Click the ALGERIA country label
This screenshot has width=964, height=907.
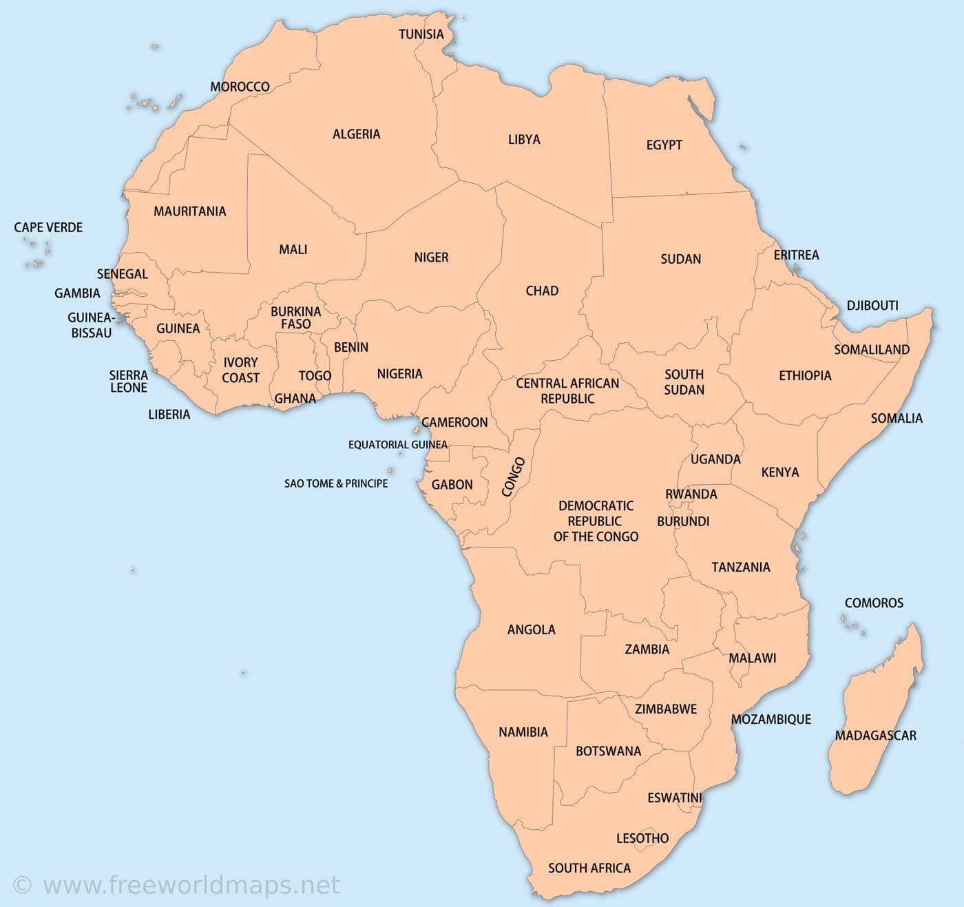point(356,134)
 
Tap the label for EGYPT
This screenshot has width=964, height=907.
point(664,145)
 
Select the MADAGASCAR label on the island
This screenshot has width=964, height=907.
point(875,736)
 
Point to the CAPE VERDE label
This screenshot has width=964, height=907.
point(48,227)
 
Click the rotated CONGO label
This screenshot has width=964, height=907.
point(513,477)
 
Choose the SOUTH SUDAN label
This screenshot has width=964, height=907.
point(684,382)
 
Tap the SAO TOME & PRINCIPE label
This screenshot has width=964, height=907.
point(336,483)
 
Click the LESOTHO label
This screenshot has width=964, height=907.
point(642,838)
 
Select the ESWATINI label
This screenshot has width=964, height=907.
point(674,797)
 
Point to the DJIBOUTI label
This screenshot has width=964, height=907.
point(872,305)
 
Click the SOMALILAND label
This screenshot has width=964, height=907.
point(872,350)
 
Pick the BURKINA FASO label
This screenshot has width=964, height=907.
point(295,317)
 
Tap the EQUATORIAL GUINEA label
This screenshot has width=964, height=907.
point(397,445)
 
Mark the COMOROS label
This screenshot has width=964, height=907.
point(874,603)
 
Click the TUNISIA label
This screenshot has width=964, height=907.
point(421,34)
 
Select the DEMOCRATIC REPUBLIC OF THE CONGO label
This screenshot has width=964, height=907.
point(596,521)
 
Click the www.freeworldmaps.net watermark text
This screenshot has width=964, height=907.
point(191,884)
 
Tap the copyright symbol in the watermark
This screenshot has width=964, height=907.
point(22,885)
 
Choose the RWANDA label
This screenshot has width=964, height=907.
point(691,494)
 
